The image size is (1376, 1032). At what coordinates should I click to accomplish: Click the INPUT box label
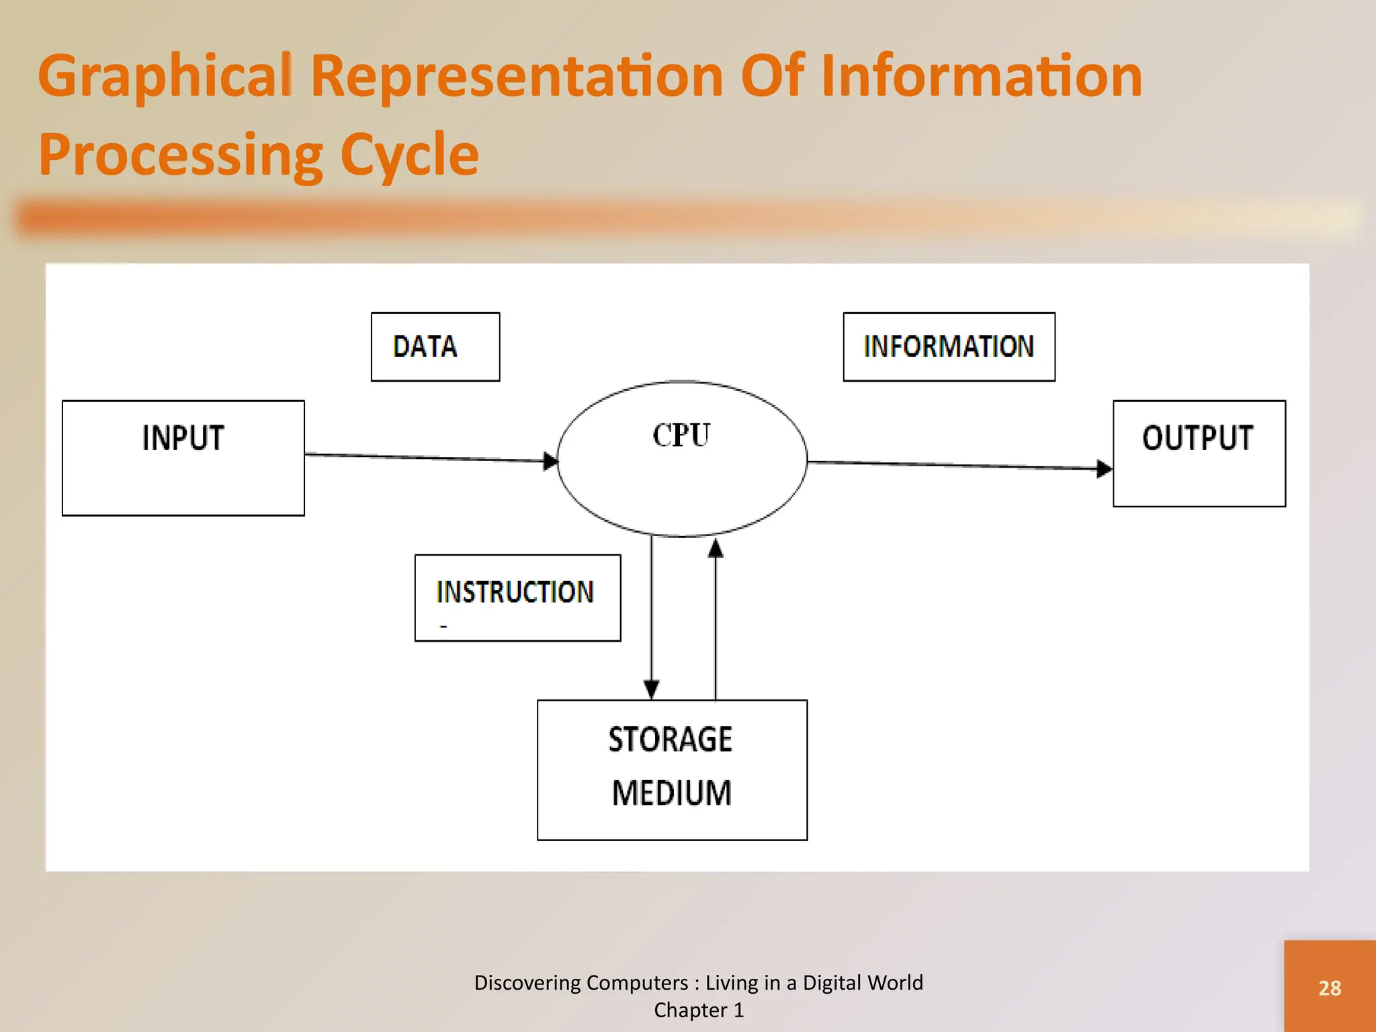183,438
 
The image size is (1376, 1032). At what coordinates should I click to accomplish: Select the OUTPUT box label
1197,438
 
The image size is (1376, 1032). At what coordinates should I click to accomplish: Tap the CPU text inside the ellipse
681,435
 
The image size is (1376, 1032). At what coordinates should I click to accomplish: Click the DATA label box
435,347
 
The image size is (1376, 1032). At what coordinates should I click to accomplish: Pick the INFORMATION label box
949,347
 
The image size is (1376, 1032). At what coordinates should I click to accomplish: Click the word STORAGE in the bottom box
671,740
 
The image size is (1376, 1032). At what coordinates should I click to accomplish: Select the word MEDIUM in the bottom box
672,793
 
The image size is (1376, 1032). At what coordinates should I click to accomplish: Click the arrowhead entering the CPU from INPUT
551,461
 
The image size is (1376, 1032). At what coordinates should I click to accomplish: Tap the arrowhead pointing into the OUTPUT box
1104,468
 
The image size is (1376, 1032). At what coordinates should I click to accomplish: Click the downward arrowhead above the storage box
651,689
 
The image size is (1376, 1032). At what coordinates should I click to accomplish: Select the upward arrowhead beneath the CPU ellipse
716,549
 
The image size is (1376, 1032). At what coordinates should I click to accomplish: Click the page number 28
1330,988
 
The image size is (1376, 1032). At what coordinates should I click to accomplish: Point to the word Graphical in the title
165,77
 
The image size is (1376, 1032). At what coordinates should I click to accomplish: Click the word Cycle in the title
409,155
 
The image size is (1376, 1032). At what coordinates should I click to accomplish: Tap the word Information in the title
981,75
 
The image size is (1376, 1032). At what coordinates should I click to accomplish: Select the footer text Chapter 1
699,1010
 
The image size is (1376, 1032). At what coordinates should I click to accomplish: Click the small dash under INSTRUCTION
443,626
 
